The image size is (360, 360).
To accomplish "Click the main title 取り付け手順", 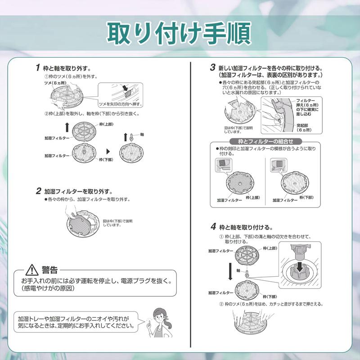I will coord(180,31).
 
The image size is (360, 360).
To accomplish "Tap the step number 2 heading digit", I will coord(38,191).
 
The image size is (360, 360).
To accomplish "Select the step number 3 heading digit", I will coord(212,67).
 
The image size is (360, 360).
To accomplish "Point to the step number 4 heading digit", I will coord(213,226).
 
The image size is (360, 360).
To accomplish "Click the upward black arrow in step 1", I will coord(67,126).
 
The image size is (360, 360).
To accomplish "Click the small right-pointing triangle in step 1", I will coord(108,152).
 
